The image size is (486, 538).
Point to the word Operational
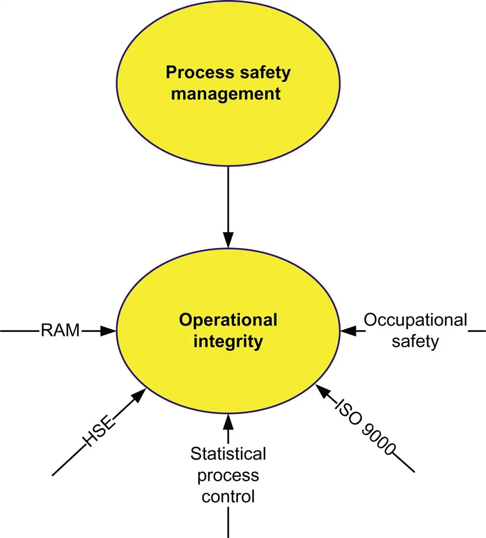click(228, 321)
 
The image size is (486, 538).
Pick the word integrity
click(229, 341)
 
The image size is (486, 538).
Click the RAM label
click(60, 331)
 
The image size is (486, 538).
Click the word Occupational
click(415, 321)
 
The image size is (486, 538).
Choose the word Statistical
click(229, 455)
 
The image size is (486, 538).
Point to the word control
click(229, 496)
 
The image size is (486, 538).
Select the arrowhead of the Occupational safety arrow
click(348, 331)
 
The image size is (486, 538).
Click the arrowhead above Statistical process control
click(229, 422)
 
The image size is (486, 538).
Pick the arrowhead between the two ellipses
click(229, 240)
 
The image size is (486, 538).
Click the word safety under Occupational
click(415, 341)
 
